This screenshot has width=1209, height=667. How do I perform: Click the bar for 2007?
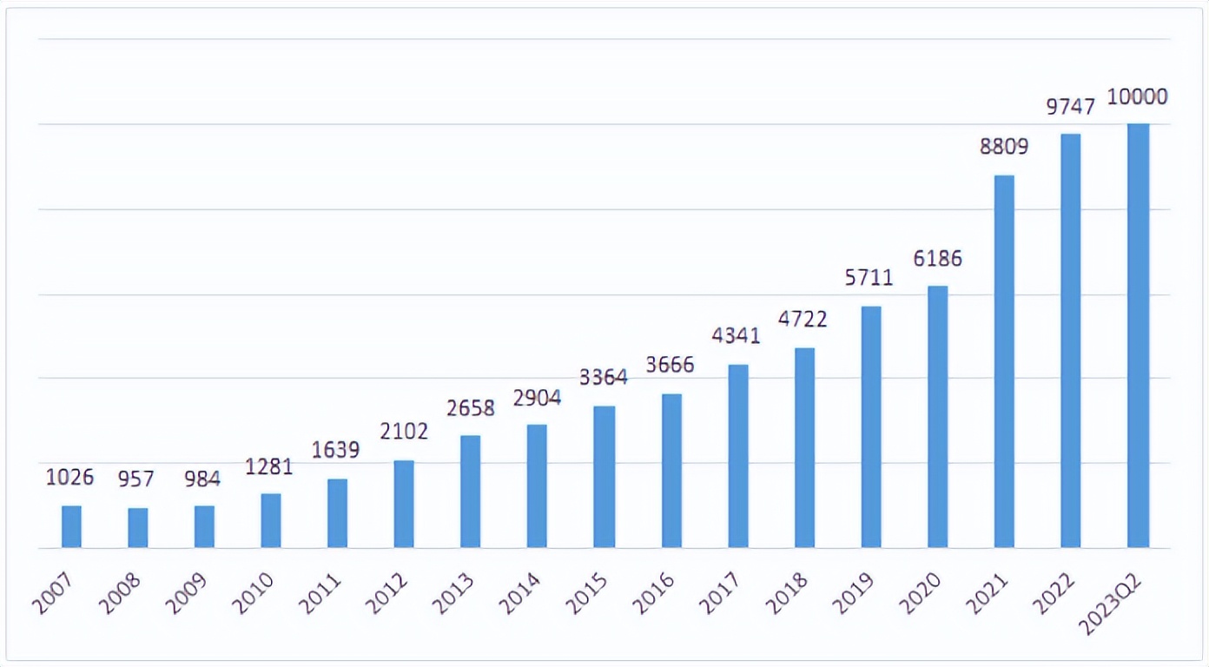pos(71,526)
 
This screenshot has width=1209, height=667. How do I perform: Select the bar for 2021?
pos(1004,361)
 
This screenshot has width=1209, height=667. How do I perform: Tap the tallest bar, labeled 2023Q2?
pos(1138,335)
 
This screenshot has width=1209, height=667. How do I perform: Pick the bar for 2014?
pos(537,485)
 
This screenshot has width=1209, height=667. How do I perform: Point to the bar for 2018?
pos(804,447)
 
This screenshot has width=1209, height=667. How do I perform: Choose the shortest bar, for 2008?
pos(138,527)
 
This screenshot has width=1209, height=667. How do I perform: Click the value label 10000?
pos(1137,97)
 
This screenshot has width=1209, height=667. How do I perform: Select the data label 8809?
pos(1004,146)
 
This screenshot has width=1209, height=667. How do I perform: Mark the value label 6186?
pos(937,258)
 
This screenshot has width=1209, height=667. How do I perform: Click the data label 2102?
pos(404,432)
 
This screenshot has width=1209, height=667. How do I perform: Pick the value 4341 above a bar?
pos(737,334)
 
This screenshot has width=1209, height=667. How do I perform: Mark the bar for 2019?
pos(871,426)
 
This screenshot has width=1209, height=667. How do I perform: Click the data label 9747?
pos(1070,106)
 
